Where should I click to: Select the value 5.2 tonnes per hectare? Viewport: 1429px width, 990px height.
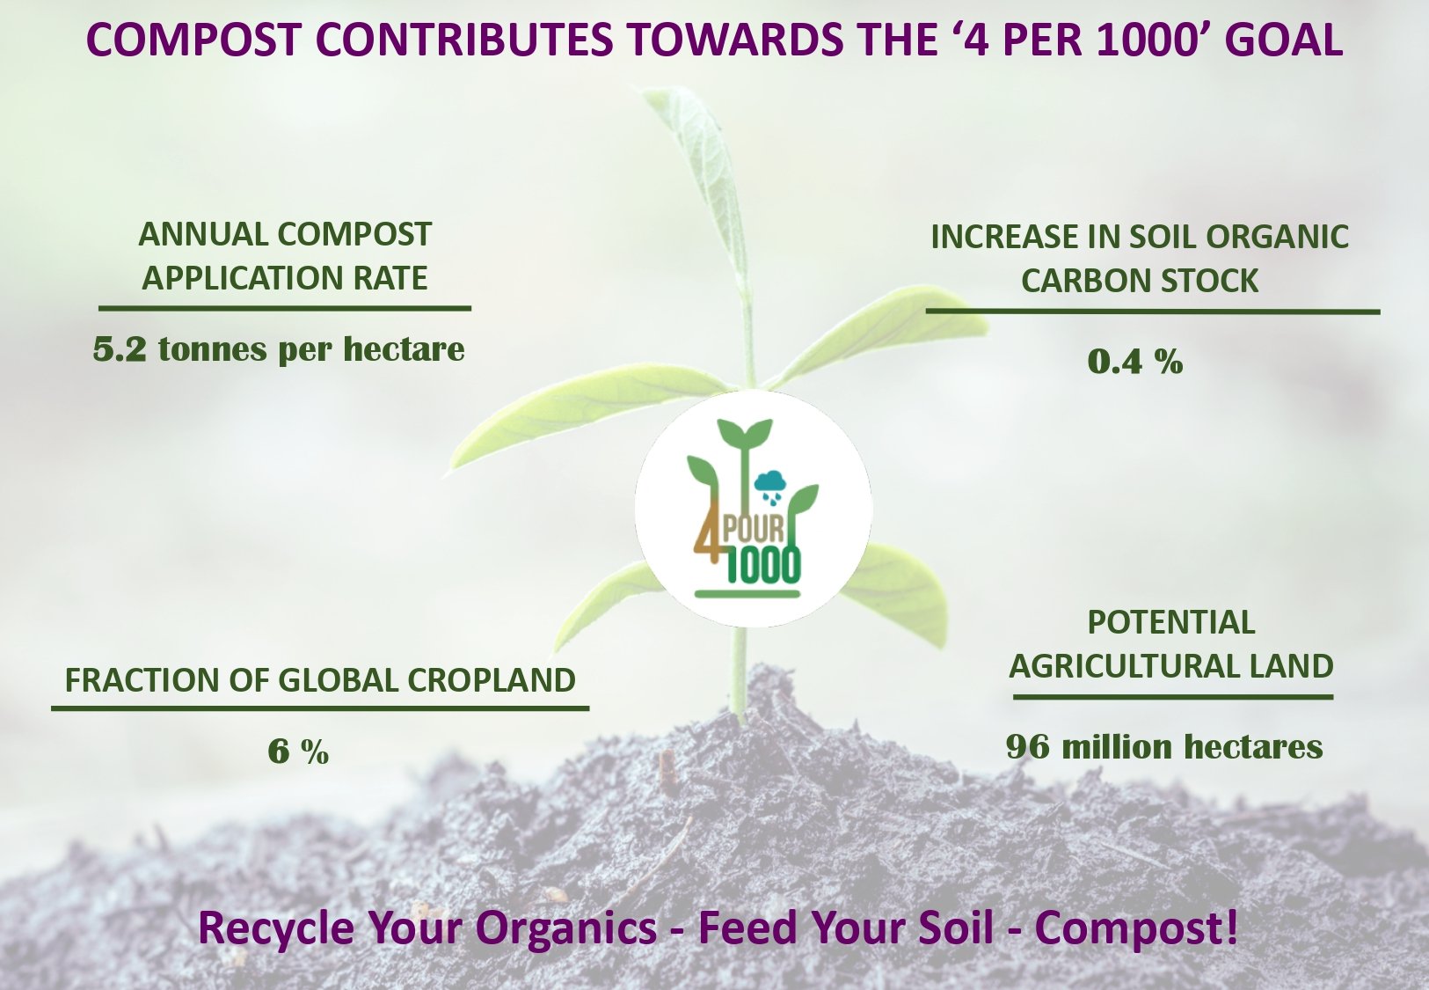(279, 349)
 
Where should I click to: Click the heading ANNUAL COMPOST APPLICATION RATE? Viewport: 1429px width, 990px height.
(285, 256)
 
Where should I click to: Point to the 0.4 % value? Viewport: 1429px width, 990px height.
(1135, 361)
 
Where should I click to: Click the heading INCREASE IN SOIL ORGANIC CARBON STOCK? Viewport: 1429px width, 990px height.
(1140, 259)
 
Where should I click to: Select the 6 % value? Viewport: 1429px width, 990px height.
(298, 752)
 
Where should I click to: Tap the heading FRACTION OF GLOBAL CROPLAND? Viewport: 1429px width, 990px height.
(320, 680)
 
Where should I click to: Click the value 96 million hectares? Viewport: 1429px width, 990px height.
(1164, 747)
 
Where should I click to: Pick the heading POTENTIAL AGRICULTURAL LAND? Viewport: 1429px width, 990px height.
(1171, 644)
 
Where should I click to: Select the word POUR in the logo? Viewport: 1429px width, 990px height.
(753, 530)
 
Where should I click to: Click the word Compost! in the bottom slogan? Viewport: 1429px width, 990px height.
(1136, 928)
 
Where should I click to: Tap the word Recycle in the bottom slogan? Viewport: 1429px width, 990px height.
(276, 928)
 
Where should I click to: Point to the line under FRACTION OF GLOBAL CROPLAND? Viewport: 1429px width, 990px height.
(320, 708)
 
